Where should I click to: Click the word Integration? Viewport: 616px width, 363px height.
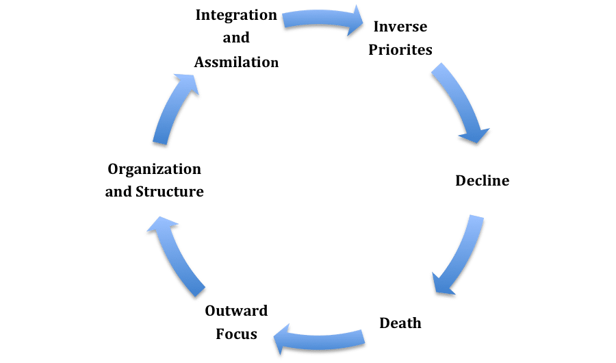pos(236,14)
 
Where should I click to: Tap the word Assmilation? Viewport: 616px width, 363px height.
pos(236,62)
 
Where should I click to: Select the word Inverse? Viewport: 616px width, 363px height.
pos(400,27)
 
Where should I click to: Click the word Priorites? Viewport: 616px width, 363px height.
pos(400,50)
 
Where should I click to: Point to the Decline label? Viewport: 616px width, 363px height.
pos(482,181)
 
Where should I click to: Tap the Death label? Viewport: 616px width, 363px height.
pos(400,322)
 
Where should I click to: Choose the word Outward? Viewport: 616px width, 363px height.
pos(236,312)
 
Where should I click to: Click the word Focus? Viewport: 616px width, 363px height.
pos(236,334)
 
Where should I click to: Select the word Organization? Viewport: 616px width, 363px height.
pos(155,169)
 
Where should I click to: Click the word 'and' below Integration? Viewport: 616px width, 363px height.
pos(236,38)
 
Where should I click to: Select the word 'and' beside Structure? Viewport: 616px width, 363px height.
pos(118,192)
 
